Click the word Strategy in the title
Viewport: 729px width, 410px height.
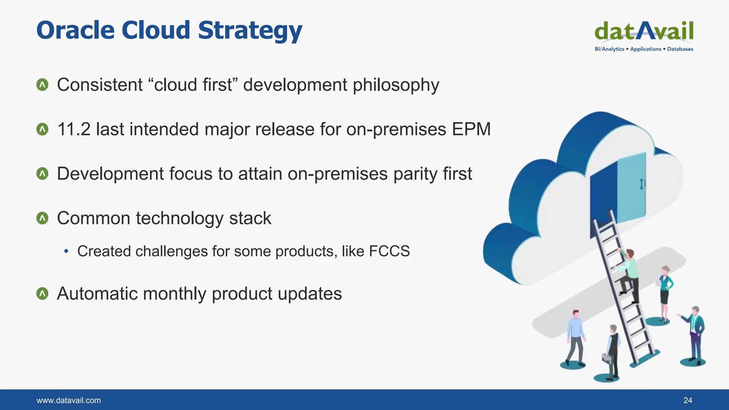[250, 31]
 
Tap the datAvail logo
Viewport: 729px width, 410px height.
[644, 31]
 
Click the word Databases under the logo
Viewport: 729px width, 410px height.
[680, 49]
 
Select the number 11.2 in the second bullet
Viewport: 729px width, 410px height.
[74, 129]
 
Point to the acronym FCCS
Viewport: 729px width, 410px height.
[389, 251]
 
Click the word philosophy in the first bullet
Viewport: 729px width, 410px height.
[396, 85]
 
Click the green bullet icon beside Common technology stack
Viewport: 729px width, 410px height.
[42, 218]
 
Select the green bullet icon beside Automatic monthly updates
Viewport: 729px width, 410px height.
[42, 294]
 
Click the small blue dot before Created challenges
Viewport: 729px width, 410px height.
[66, 251]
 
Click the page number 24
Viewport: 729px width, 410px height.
[687, 400]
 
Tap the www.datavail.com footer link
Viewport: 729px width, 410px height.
[69, 400]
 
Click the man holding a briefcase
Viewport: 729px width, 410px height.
[612, 351]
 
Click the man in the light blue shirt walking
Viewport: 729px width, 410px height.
[575, 336]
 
